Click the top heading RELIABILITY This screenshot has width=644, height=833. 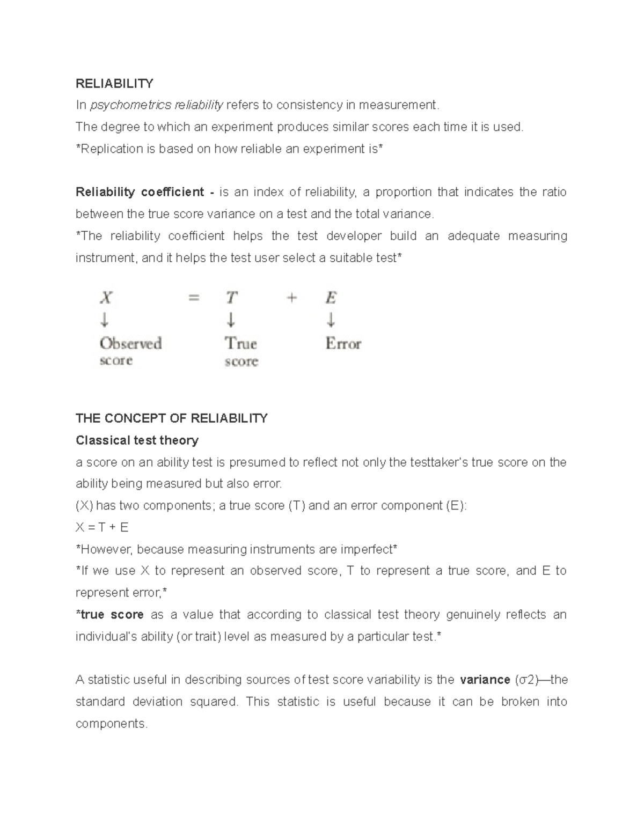tap(114, 83)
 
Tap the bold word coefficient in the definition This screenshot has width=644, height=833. tap(172, 192)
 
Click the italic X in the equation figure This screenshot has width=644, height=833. tap(106, 297)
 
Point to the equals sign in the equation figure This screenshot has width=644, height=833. tap(194, 297)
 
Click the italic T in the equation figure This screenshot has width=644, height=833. tap(231, 297)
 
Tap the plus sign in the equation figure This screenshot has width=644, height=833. tap(291, 297)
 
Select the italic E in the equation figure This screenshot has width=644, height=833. tap(331, 297)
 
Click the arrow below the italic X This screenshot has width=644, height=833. tap(105, 320)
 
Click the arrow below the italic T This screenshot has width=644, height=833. tap(231, 320)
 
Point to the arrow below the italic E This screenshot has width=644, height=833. tap(331, 320)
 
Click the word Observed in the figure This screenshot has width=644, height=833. tap(131, 343)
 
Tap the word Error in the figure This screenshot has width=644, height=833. tap(343, 343)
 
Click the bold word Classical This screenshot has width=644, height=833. tap(101, 440)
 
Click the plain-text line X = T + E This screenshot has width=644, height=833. tap(102, 528)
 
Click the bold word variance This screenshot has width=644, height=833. tap(485, 680)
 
